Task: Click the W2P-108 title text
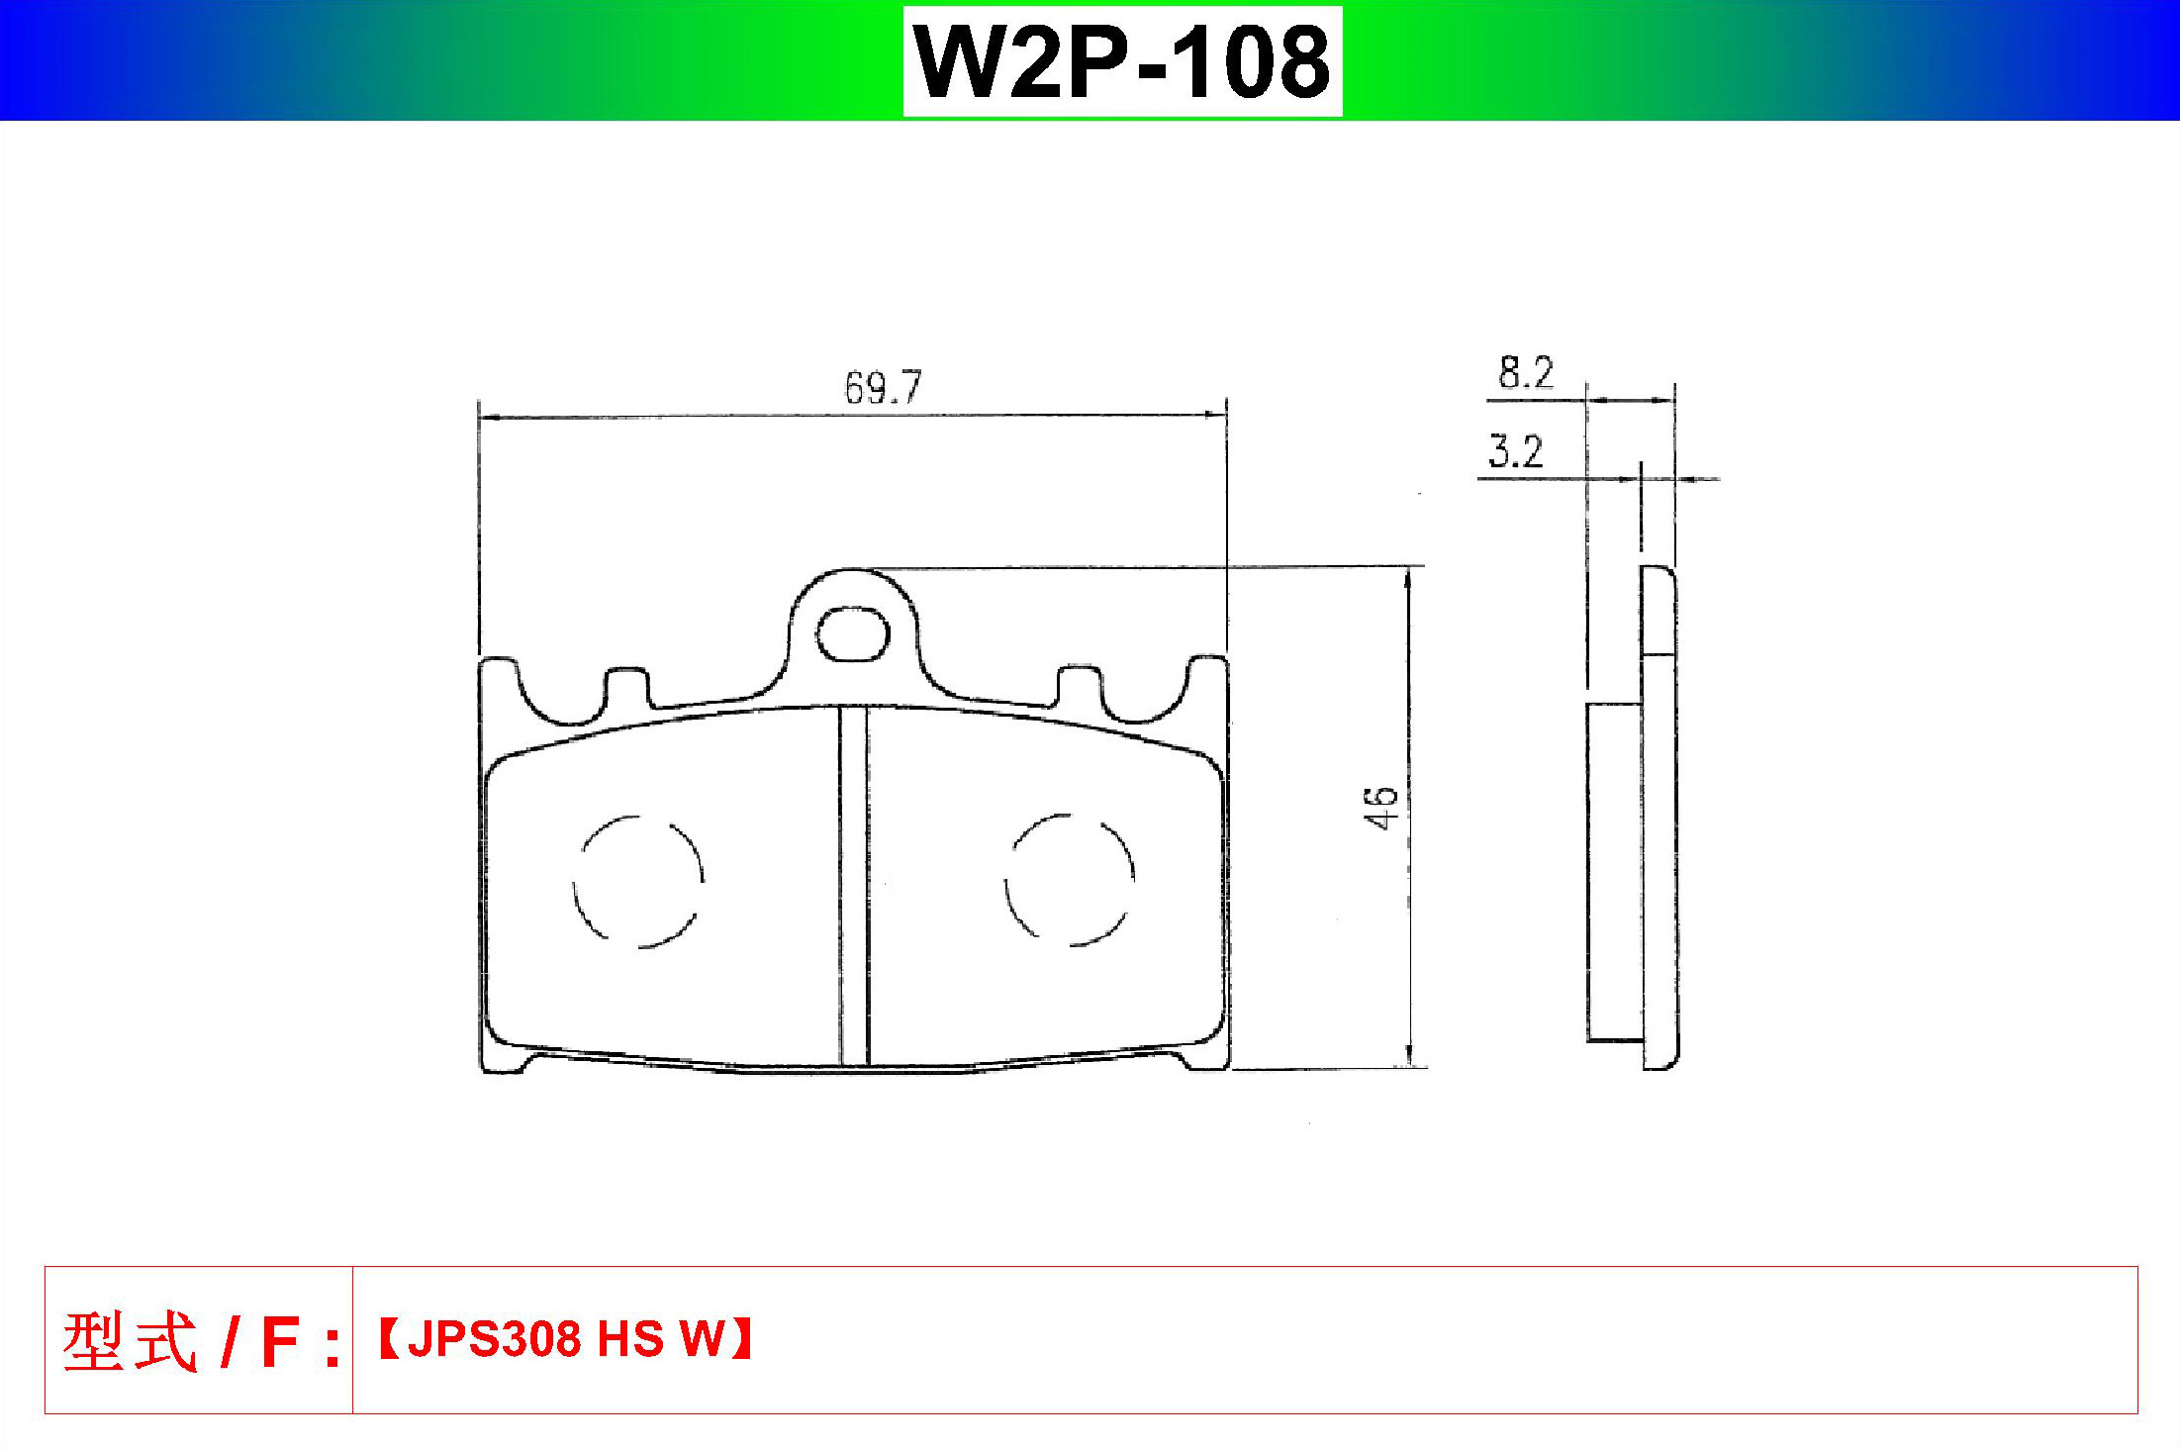pos(1122,61)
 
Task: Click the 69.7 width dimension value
pos(883,387)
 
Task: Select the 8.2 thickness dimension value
pos(1526,372)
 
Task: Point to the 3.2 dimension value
pos(1516,451)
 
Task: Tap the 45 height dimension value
pos(1380,807)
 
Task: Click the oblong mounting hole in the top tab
pos(851,634)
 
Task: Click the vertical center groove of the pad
pos(854,886)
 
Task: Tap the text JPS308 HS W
pos(566,1338)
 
